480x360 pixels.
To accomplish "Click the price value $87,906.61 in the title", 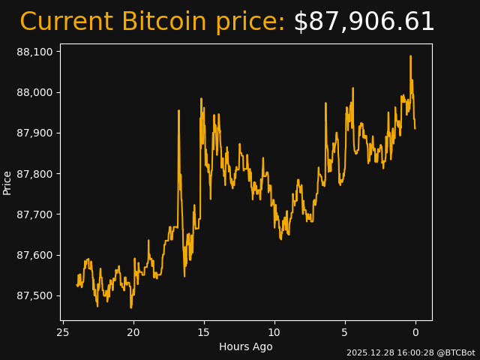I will [x=364, y=22].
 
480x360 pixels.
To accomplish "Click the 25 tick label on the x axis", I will [x=63, y=332].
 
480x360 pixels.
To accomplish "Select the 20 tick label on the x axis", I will [x=133, y=332].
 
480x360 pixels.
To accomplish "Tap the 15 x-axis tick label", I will [x=204, y=332].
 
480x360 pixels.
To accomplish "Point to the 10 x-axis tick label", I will [x=274, y=332].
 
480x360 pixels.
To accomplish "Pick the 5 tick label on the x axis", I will [x=345, y=332].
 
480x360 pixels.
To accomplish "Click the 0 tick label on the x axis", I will [x=415, y=332].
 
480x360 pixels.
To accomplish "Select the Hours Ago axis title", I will [x=246, y=346].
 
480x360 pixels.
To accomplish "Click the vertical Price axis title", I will [x=7, y=182].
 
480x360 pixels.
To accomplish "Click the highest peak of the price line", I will [x=410, y=55].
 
